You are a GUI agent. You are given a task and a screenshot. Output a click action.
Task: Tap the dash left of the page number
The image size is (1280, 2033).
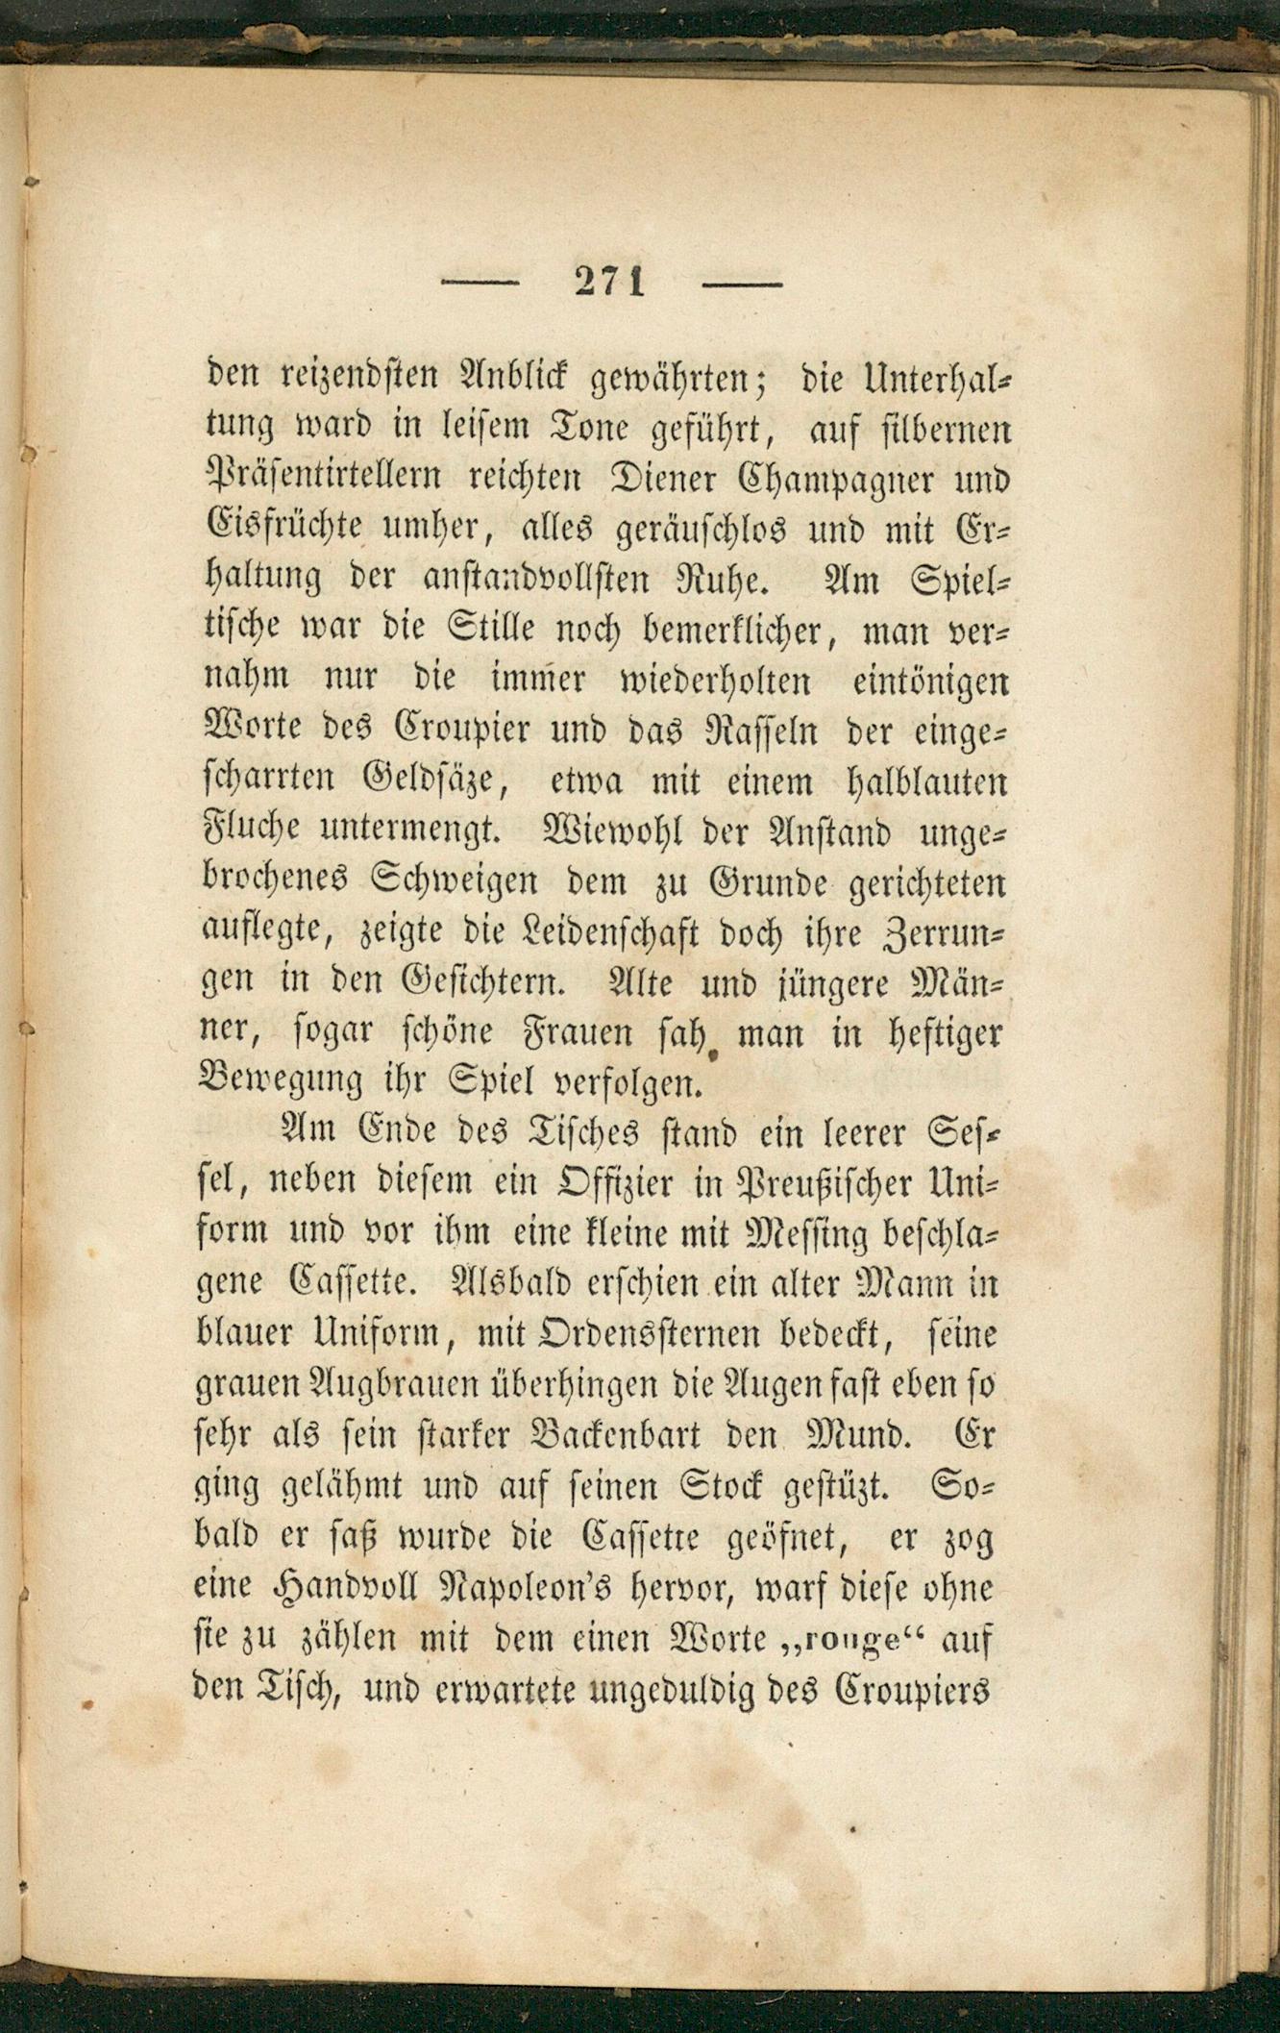[479, 284]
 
